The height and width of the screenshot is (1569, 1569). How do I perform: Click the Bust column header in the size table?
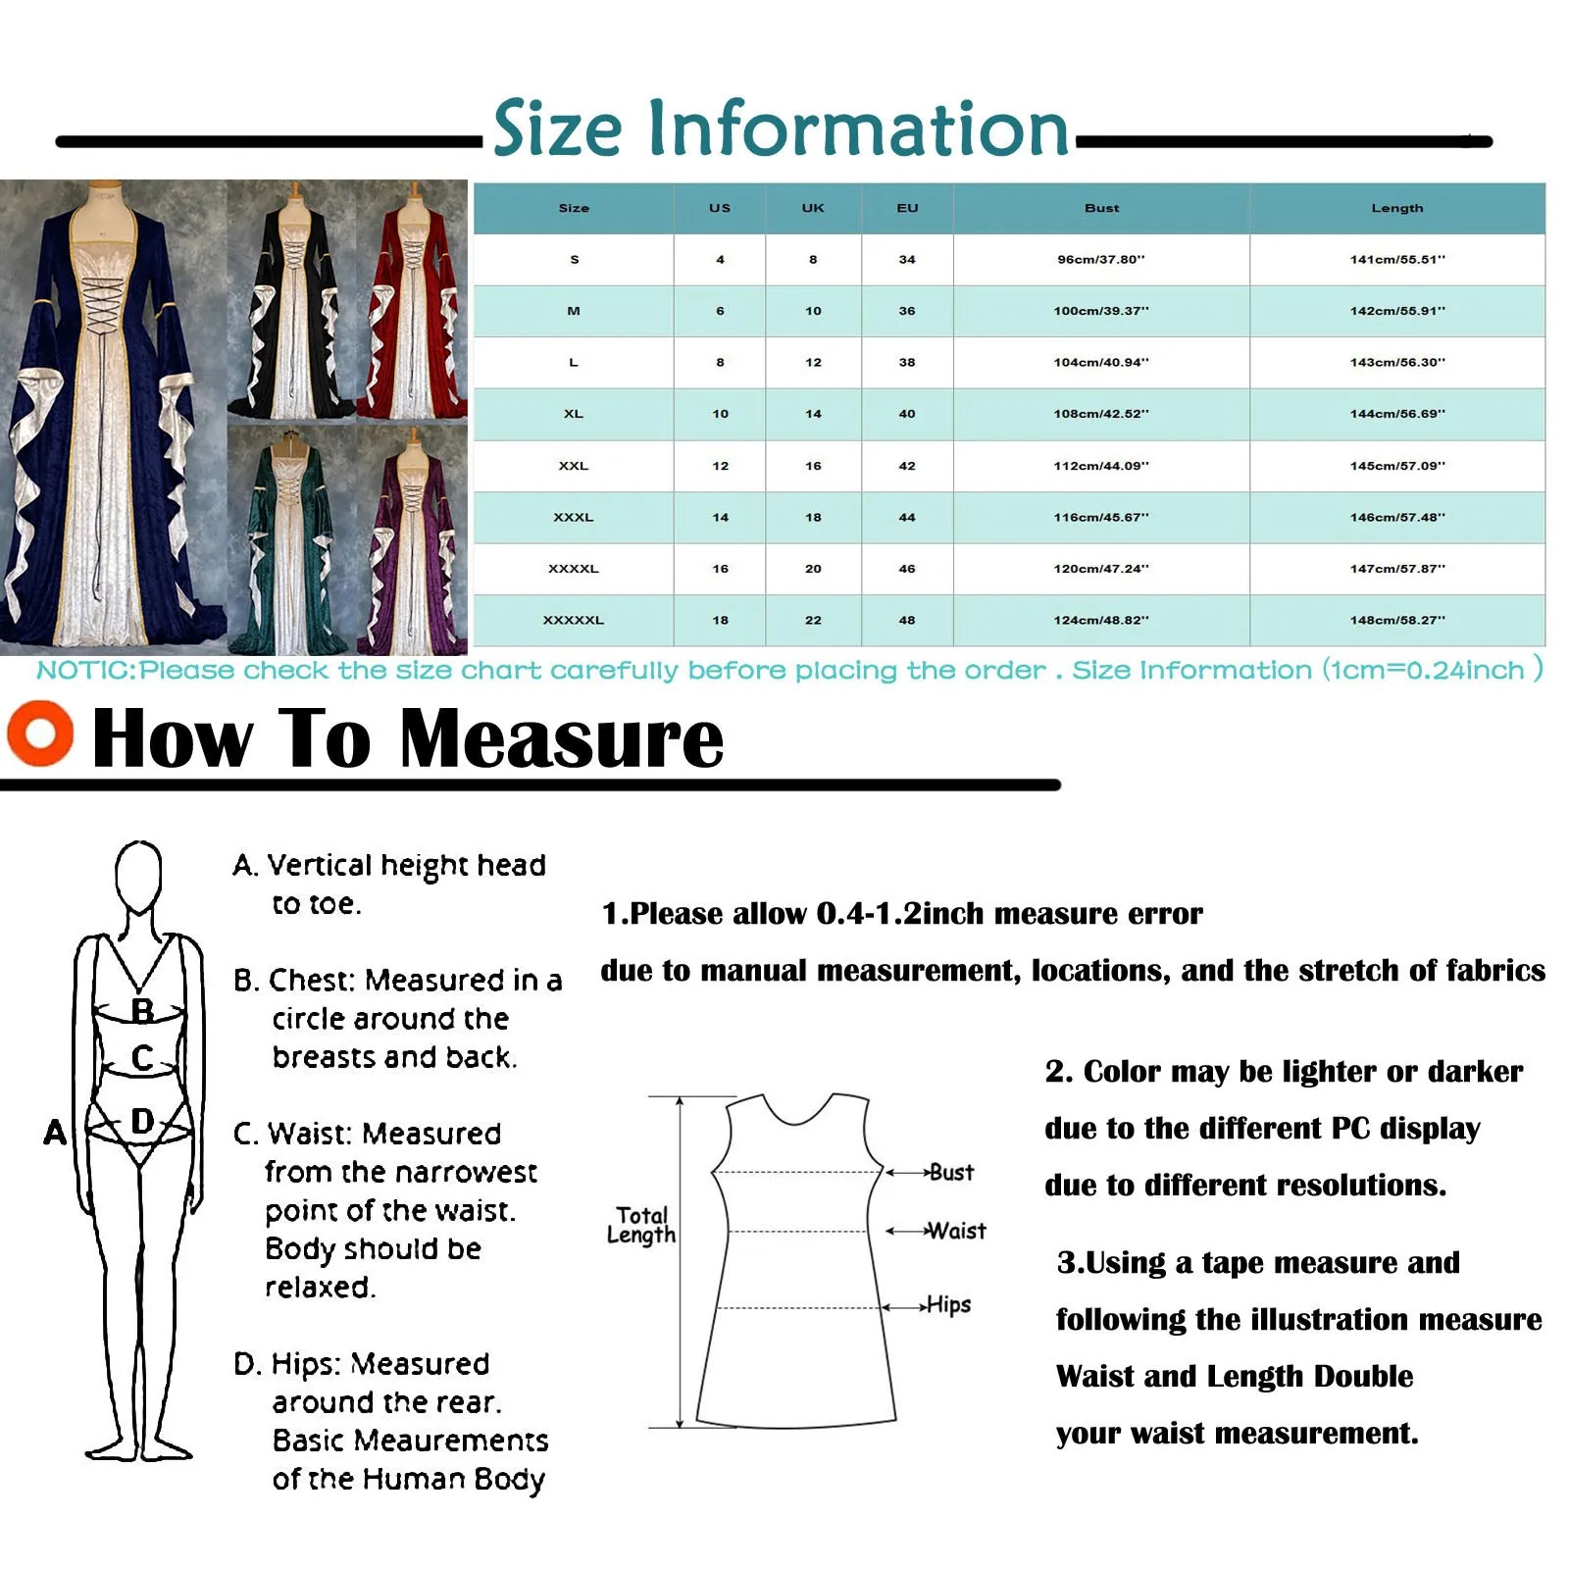click(1101, 208)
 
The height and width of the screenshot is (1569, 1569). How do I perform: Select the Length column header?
click(1396, 208)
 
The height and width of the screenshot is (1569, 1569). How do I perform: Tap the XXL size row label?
click(574, 466)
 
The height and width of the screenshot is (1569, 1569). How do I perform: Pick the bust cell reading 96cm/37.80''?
click(1101, 260)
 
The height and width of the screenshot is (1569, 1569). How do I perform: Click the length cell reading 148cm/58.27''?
click(1396, 620)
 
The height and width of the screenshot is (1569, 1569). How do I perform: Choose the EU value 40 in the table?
click(907, 414)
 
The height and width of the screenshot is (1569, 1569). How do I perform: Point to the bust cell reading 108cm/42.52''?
click(1101, 414)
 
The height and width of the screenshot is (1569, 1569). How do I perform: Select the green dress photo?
click(290, 539)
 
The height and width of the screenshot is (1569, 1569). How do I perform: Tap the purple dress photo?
click(413, 539)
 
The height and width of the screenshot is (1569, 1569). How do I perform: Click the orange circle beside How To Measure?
click(40, 733)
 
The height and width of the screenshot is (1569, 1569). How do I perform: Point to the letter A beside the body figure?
click(55, 1133)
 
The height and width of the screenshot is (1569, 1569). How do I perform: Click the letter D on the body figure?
click(142, 1121)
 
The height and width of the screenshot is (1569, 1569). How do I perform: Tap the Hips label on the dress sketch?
click(948, 1304)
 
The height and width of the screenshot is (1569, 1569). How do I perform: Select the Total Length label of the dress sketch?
click(641, 1225)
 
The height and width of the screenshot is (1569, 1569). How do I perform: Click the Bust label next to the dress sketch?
click(951, 1172)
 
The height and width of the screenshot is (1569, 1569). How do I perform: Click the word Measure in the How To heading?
click(562, 737)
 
